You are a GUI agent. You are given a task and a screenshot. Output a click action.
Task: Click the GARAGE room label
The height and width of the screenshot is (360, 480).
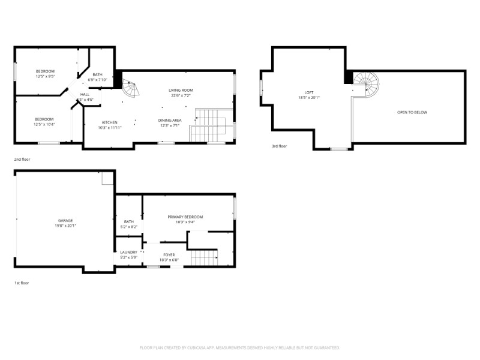pyautogui.click(x=65, y=220)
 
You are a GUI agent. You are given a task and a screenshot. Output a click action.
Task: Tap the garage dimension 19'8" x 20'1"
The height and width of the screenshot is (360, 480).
pyautogui.click(x=65, y=226)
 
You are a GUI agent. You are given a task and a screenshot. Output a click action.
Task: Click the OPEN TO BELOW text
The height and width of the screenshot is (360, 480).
pyautogui.click(x=412, y=112)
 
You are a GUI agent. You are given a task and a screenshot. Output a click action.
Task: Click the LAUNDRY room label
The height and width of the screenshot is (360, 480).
pyautogui.click(x=129, y=252)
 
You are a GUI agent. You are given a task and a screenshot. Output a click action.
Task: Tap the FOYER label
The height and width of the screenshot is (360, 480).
pyautogui.click(x=169, y=254)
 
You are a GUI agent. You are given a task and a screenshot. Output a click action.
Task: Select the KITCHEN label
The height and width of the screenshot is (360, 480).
pyautogui.click(x=109, y=122)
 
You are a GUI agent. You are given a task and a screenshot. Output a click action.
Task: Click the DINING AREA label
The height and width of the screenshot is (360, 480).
pyautogui.click(x=170, y=120)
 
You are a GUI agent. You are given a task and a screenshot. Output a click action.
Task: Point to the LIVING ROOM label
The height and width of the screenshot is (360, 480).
pyautogui.click(x=181, y=90)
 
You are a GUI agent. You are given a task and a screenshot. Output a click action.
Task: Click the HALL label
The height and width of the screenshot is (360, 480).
pyautogui.click(x=85, y=94)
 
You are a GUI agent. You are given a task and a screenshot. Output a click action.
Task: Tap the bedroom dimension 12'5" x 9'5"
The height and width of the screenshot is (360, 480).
pyautogui.click(x=45, y=77)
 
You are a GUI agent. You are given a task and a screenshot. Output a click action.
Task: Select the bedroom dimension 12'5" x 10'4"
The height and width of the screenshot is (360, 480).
pyautogui.click(x=44, y=124)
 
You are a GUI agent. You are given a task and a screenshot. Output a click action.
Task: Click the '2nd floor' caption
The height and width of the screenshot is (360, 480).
pyautogui.click(x=22, y=159)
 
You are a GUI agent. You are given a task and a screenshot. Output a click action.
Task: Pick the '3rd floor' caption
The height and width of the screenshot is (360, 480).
pyautogui.click(x=280, y=146)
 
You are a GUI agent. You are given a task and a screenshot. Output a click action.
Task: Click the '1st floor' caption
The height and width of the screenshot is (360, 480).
pyautogui.click(x=22, y=282)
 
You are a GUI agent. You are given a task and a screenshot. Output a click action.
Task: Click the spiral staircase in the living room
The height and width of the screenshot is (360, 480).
pyautogui.click(x=130, y=89)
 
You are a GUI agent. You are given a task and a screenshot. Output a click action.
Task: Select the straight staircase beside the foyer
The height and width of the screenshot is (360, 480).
pyautogui.click(x=204, y=259)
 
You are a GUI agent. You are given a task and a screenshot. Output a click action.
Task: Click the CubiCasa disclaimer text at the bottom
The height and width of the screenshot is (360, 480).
pyautogui.click(x=240, y=347)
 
